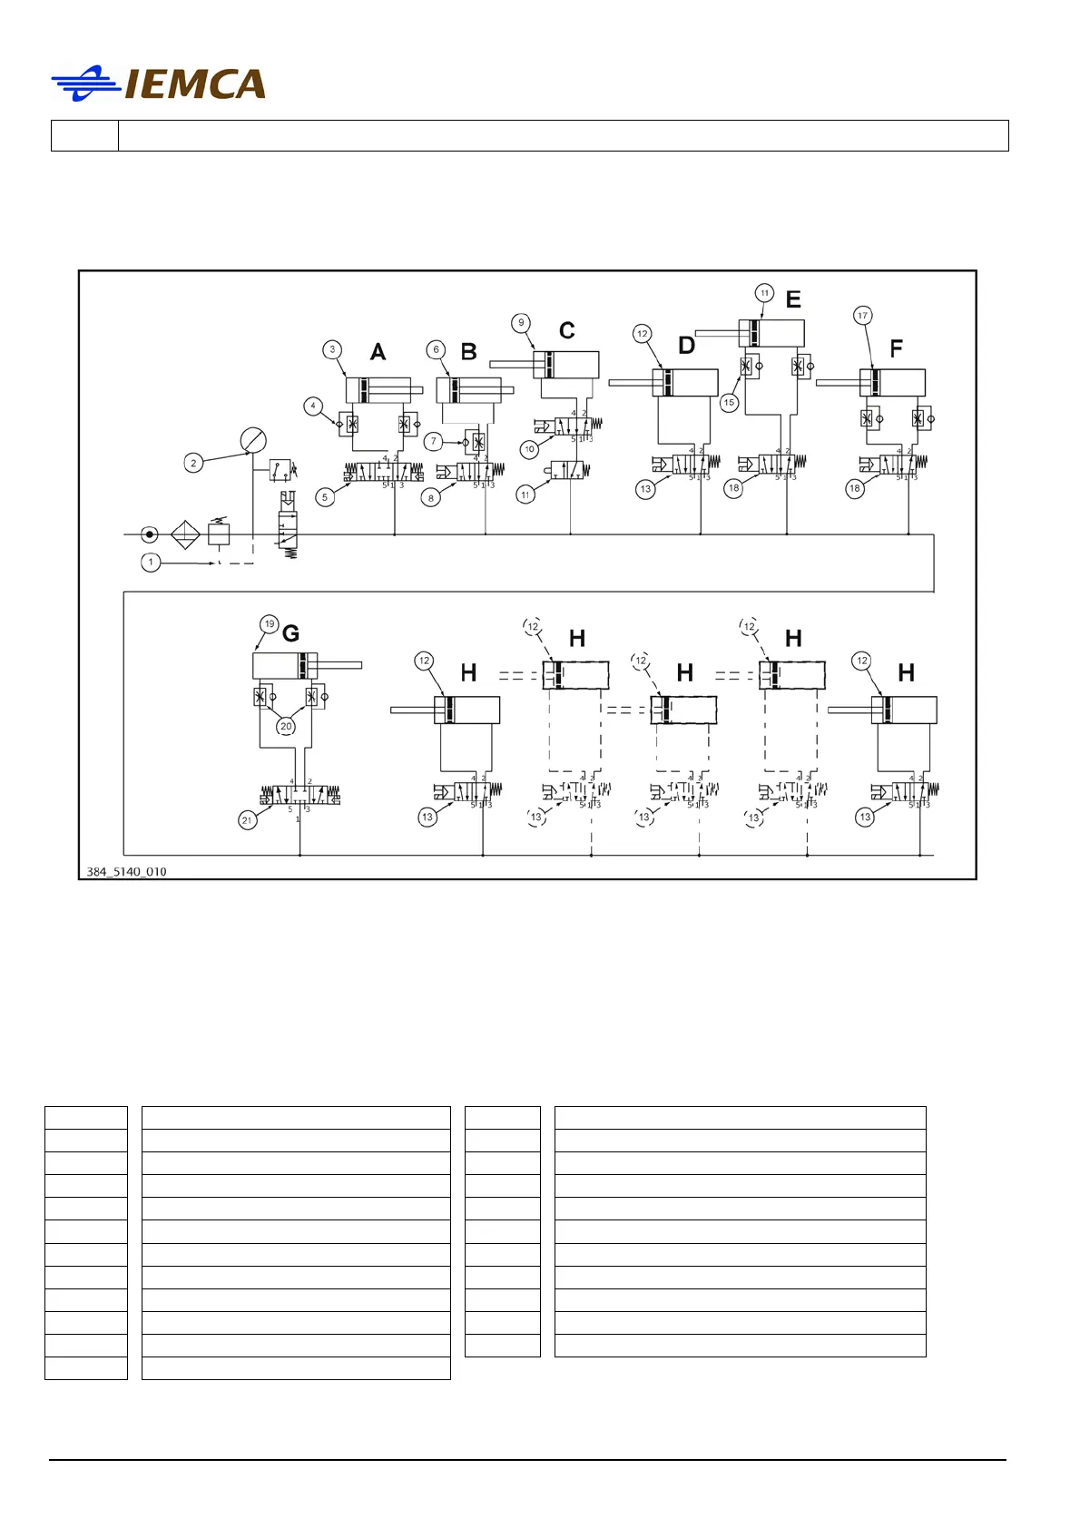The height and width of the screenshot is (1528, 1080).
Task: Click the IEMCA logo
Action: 159,83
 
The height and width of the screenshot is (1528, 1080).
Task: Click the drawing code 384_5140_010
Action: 126,872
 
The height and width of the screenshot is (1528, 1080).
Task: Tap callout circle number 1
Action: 151,563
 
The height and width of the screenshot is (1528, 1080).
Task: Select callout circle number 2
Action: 192,463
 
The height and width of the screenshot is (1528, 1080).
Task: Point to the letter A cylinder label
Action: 378,352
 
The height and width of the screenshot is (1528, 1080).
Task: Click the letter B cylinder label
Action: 469,352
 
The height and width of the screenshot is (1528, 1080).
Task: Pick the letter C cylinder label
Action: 567,330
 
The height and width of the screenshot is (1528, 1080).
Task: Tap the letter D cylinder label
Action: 687,346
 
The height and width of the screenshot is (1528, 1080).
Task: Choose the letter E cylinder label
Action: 793,299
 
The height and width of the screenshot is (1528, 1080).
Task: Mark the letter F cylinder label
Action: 897,349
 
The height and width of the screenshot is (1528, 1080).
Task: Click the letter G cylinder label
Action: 291,633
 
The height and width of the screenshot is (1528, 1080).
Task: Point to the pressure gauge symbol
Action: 253,441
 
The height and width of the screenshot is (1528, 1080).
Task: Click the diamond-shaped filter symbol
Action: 185,534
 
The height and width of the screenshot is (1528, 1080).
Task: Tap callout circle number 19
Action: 269,624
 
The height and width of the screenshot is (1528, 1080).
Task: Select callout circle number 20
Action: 286,726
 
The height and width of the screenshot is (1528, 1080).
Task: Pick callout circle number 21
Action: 247,820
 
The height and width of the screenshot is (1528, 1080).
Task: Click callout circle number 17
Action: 862,316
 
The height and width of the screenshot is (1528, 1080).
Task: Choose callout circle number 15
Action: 729,402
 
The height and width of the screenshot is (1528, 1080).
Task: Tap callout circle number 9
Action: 521,322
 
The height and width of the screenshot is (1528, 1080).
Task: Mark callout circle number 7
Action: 434,441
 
